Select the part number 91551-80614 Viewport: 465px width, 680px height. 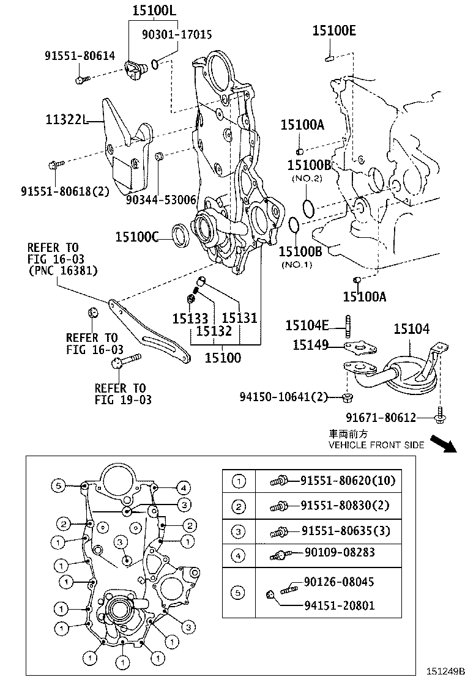coord(79,56)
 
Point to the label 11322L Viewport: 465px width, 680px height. coord(63,120)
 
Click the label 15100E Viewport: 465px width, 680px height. coord(333,31)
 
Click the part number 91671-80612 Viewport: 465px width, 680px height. coord(380,418)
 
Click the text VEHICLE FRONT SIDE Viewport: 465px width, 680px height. coord(376,445)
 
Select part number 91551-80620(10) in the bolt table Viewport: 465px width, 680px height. coord(348,481)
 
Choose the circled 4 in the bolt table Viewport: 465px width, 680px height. coord(239,554)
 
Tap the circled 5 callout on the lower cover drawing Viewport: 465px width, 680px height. coord(57,486)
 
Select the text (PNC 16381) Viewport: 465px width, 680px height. coord(62,270)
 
